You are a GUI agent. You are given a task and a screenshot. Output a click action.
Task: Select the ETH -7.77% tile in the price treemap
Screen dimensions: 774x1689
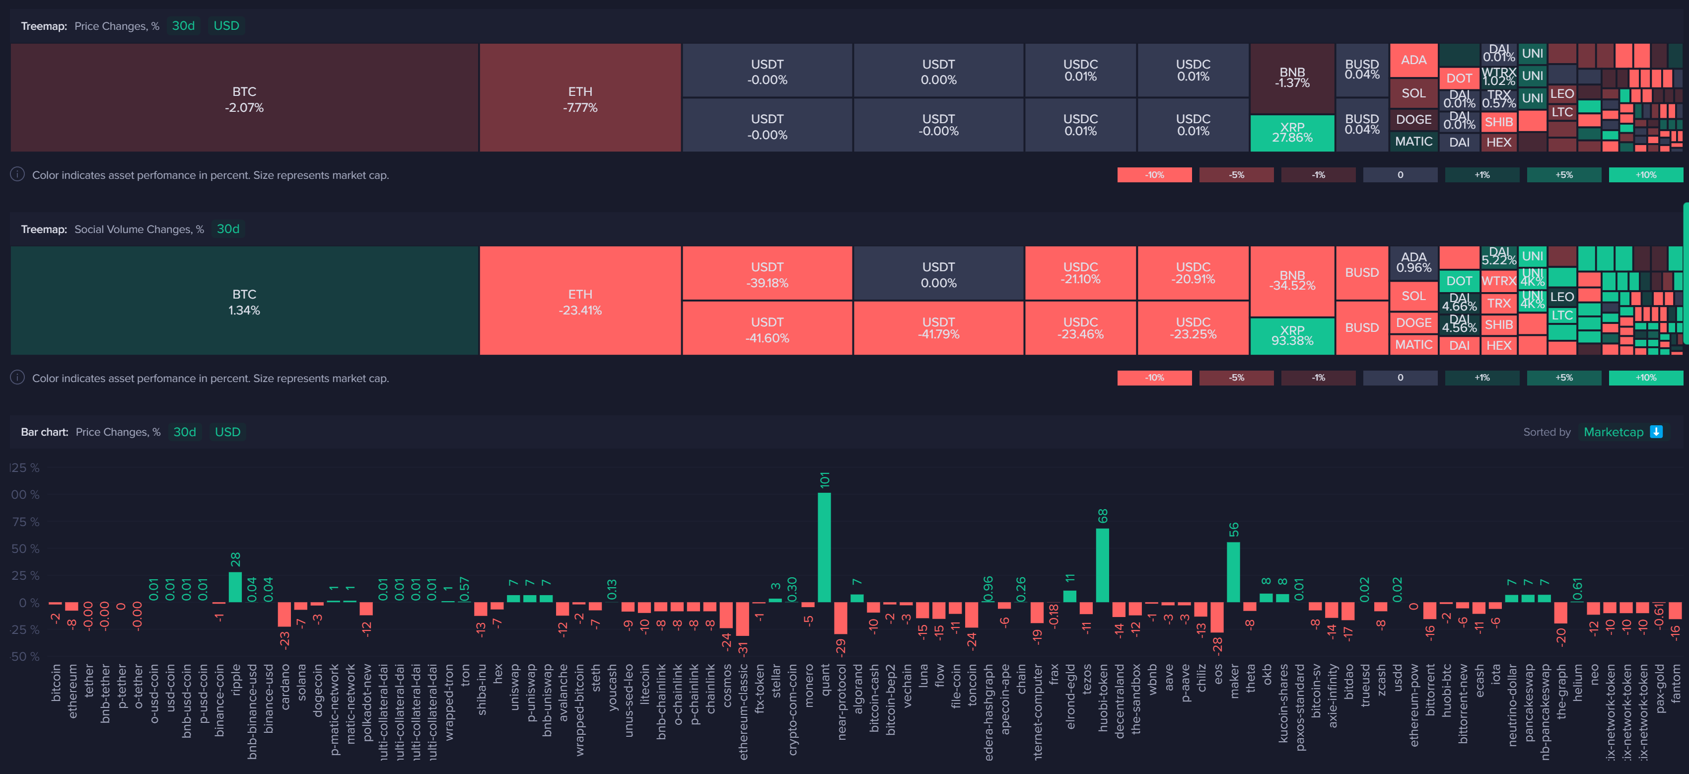(580, 98)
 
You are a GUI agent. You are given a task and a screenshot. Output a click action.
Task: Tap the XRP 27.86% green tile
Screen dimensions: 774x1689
(1292, 133)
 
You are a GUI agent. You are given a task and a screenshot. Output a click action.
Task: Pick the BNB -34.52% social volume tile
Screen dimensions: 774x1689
(1292, 281)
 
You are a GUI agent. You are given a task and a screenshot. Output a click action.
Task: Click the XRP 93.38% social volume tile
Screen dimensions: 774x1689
(1292, 336)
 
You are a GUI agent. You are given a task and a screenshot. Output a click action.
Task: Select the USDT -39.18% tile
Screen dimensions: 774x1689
(767, 274)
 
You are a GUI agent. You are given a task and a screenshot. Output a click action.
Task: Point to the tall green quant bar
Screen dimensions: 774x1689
(824, 547)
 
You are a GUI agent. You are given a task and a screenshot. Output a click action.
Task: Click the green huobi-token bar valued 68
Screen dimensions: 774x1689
(1102, 565)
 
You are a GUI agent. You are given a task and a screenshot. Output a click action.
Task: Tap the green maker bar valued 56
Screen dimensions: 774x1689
(1233, 572)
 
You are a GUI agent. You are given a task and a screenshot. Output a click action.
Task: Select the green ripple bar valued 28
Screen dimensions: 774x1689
(235, 587)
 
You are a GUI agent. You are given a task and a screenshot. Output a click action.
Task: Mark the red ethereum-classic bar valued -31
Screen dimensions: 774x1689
(742, 619)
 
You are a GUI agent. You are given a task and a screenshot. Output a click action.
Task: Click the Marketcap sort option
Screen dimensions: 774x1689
(1613, 432)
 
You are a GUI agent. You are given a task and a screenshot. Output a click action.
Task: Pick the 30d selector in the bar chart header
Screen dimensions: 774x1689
(184, 432)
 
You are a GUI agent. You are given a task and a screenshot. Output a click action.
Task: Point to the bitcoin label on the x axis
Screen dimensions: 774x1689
(57, 682)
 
